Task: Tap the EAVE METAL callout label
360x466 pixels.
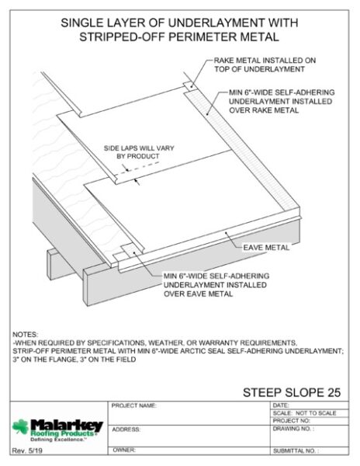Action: pyautogui.click(x=266, y=248)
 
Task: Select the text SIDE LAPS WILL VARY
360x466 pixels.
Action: pyautogui.click(x=139, y=148)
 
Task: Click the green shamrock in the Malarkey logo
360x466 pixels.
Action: pyautogui.click(x=20, y=426)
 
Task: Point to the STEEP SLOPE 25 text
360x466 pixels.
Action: pyautogui.click(x=292, y=392)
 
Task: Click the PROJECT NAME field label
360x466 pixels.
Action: pyautogui.click(x=134, y=405)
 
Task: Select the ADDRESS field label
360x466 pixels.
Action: pyautogui.click(x=126, y=429)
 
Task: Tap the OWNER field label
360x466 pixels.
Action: pyautogui.click(x=124, y=450)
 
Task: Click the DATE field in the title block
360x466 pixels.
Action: pyautogui.click(x=281, y=405)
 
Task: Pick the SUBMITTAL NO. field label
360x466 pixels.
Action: pyautogui.click(x=296, y=450)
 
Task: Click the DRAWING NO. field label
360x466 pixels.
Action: pyautogui.click(x=293, y=429)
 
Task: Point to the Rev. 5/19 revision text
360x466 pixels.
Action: pyautogui.click(x=27, y=450)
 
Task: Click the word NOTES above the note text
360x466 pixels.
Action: pyautogui.click(x=26, y=334)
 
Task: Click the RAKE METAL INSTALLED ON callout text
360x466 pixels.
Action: pyautogui.click(x=265, y=61)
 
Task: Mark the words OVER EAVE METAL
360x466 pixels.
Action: pyautogui.click(x=199, y=294)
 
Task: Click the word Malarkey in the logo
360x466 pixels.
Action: pyautogui.click(x=67, y=426)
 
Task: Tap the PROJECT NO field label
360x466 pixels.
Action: pyautogui.click(x=292, y=421)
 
